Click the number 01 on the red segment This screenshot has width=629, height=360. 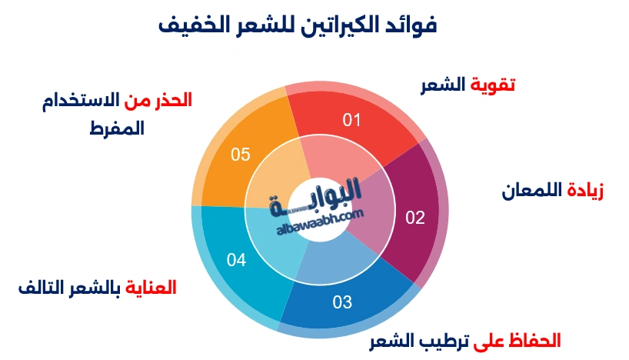pyautogui.click(x=351, y=120)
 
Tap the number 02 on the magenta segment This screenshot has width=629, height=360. pyautogui.click(x=415, y=218)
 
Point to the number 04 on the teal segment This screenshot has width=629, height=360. pyautogui.click(x=237, y=261)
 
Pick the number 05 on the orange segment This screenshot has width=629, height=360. pyautogui.click(x=241, y=155)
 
